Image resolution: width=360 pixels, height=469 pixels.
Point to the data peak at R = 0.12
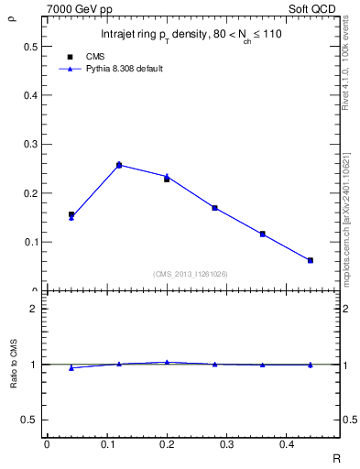pos(119,165)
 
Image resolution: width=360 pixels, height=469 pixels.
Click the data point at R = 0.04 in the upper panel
pos(71,215)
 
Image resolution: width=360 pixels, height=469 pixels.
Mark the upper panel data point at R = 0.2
pos(167,178)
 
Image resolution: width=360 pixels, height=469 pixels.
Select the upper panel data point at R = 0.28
pos(214,208)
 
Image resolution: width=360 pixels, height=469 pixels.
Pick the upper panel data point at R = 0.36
pos(262,234)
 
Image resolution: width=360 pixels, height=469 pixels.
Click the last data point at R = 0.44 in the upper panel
pos(311,260)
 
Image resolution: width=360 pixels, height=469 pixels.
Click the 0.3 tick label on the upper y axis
pos(30,144)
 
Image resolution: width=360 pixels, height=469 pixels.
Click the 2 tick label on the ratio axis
pos(34,309)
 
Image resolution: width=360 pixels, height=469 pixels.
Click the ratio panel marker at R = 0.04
pos(71,367)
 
